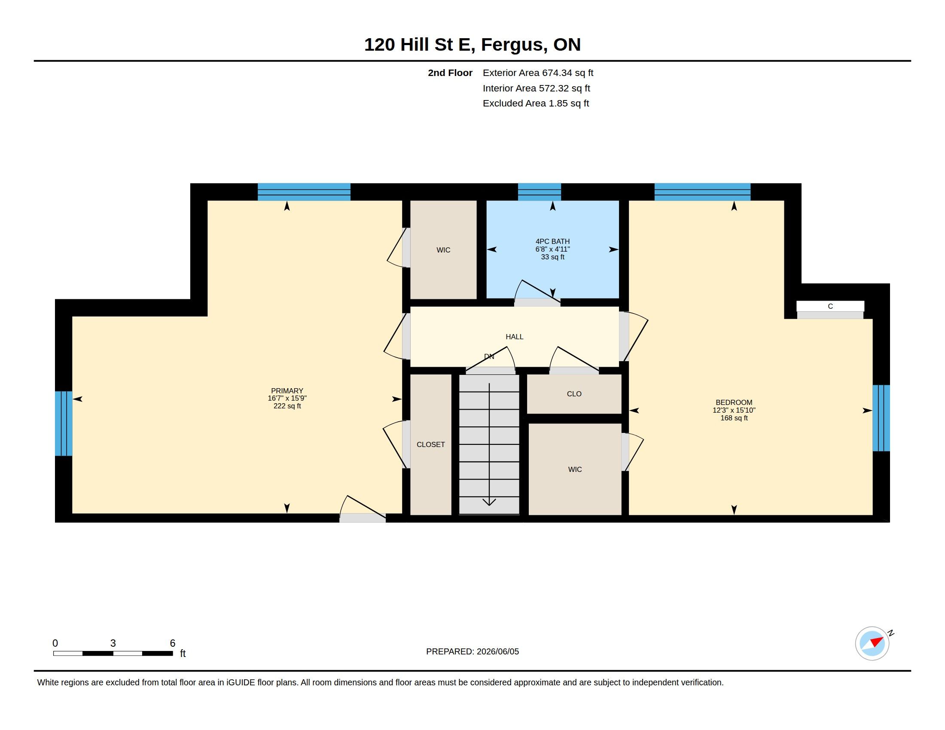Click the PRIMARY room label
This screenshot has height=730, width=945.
click(287, 390)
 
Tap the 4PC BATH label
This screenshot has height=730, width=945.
click(552, 241)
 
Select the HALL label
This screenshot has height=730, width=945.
click(515, 337)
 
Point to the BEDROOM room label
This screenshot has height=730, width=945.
click(734, 402)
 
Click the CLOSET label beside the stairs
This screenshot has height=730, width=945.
click(430, 444)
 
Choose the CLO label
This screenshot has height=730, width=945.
click(574, 393)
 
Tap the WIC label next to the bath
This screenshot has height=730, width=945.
click(444, 250)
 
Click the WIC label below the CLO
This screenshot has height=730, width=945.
click(575, 469)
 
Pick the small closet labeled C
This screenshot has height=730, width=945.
click(830, 306)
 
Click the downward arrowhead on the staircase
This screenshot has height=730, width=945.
click(489, 502)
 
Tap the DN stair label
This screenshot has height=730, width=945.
click(489, 357)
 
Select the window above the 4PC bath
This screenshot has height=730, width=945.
click(540, 192)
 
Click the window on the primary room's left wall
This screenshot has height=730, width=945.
click(64, 423)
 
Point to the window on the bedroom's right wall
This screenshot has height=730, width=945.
click(881, 418)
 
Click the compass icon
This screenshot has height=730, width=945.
click(872, 643)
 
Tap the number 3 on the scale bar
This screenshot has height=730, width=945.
click(113, 643)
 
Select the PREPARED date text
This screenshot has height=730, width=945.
click(472, 651)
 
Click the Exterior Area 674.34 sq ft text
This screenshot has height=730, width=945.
click(538, 73)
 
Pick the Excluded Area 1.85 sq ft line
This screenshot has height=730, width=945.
click(536, 103)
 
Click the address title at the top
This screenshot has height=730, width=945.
click(472, 45)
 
